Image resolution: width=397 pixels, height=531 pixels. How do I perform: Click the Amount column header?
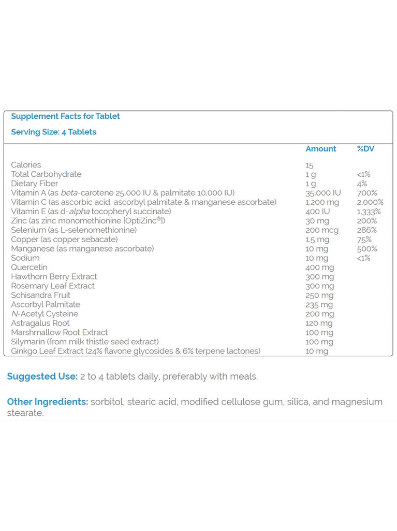pos(320,149)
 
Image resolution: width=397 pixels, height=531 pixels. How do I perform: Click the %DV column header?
pos(365,149)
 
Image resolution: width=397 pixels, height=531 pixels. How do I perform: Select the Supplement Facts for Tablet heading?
pos(65,116)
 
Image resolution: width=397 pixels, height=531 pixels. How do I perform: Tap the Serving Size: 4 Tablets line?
pos(54,132)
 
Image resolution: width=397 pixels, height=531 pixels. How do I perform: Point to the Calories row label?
pos(26,165)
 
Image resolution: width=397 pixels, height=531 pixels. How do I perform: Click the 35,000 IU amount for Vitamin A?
pos(323,193)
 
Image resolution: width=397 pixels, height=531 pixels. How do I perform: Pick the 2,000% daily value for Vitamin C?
pos(370,202)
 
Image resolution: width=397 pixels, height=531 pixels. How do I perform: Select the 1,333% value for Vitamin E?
pos(369,212)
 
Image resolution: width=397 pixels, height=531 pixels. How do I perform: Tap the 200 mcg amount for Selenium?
pos(321,230)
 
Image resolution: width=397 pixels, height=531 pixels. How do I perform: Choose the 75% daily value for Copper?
pos(364,240)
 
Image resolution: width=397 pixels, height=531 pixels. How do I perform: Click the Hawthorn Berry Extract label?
pos(54,276)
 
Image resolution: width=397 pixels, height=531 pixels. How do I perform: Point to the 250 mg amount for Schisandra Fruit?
pos(319,295)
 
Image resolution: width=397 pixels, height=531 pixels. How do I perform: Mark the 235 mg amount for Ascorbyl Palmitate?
pos(319,304)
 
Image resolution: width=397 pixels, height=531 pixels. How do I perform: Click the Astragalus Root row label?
pos(40,323)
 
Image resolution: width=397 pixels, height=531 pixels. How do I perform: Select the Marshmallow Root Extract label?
pos(60,332)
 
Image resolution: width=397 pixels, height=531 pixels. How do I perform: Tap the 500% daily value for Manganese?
pos(366,249)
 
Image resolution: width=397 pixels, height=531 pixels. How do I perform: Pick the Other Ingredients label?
pos(47,402)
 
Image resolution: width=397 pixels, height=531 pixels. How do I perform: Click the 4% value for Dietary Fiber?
pos(362,184)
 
